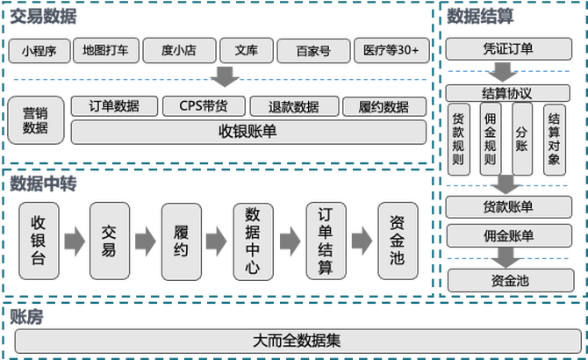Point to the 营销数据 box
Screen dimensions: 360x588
coord(35,119)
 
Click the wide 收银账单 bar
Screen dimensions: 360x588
coord(247,132)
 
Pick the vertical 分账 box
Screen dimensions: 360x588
coord(522,140)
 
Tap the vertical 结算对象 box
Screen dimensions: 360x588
coord(554,140)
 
